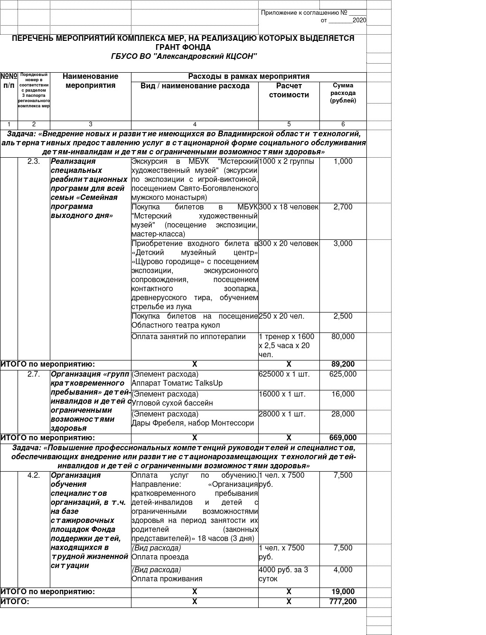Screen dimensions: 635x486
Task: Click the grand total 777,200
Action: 343,602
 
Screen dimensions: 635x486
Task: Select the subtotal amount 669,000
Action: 343,438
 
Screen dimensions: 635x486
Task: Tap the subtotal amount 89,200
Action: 343,364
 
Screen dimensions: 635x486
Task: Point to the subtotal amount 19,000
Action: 343,592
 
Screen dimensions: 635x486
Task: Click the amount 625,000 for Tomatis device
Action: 343,374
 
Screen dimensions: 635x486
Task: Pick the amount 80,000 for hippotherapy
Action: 343,337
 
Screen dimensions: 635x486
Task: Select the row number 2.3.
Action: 34,161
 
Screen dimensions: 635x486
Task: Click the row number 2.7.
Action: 34,374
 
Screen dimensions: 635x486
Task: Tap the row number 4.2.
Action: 34,475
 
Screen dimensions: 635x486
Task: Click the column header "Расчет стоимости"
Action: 289,90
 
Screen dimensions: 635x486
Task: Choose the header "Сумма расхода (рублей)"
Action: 343,93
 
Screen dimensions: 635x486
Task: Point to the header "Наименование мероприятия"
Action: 90,81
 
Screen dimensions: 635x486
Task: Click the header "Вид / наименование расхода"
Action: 195,86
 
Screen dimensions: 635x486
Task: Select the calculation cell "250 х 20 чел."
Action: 281,316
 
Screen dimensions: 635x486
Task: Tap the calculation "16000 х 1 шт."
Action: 282,394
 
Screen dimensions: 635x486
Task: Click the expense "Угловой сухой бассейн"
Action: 172,403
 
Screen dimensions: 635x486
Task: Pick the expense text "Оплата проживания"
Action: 167,579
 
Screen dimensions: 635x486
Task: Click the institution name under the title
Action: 184,57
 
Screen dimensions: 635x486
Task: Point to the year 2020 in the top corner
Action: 359,20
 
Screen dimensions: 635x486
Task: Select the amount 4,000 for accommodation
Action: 343,570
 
